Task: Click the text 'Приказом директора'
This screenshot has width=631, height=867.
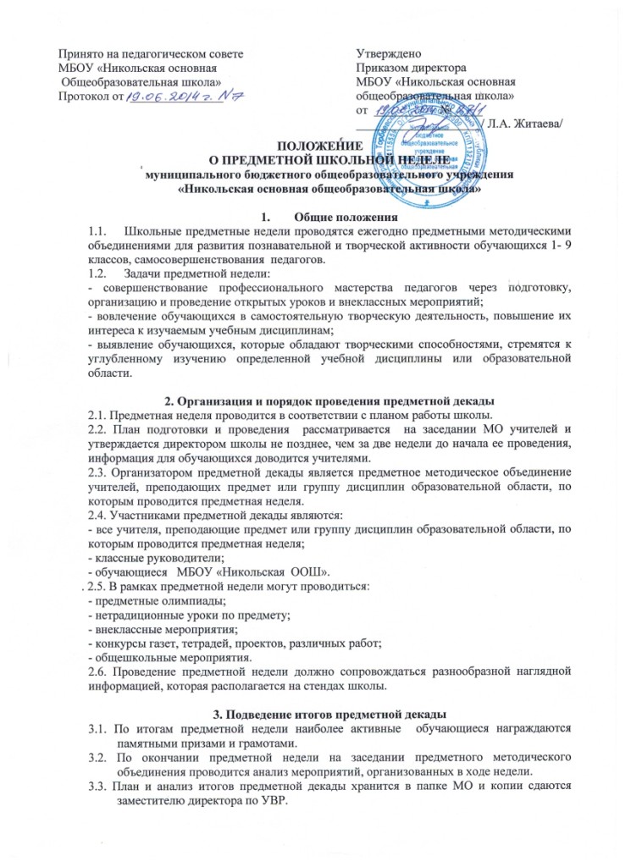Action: click(x=412, y=68)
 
